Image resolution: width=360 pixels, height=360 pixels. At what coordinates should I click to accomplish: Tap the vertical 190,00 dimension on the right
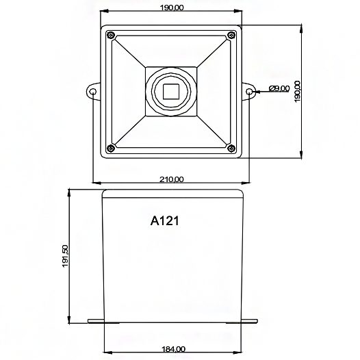tap(297, 92)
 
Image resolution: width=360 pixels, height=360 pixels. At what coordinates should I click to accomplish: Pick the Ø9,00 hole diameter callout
tap(281, 89)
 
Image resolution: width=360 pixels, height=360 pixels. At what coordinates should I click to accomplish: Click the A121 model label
tap(164, 221)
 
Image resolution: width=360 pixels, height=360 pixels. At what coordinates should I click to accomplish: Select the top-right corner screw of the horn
tap(233, 34)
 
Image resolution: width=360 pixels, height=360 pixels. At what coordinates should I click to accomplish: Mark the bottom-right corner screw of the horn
tap(233, 149)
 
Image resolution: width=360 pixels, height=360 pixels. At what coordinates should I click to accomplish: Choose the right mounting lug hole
tap(250, 91)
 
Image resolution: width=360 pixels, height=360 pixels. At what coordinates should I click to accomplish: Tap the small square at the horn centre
tap(171, 90)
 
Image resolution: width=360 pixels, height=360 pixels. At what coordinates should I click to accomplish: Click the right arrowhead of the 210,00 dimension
tap(246, 183)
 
